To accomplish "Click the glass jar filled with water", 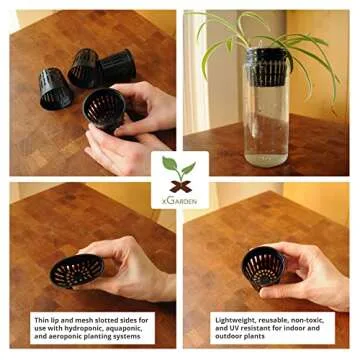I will coord(265,110).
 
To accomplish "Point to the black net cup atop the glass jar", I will coord(266,56).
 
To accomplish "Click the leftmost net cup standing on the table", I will coord(55,87).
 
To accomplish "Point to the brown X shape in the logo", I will coord(180,185).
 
